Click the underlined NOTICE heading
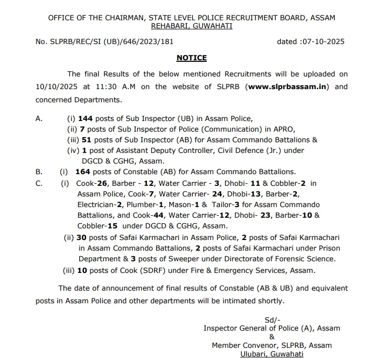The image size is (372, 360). (x=192, y=58)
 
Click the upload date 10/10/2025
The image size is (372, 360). (x=56, y=87)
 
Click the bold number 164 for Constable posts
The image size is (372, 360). (x=82, y=172)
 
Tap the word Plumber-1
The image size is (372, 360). (x=147, y=205)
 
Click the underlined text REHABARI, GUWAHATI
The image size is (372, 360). (x=192, y=26)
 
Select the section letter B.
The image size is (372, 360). (x=39, y=172)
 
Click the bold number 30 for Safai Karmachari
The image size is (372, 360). (x=82, y=237)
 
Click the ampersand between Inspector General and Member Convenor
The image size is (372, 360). (x=272, y=337)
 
